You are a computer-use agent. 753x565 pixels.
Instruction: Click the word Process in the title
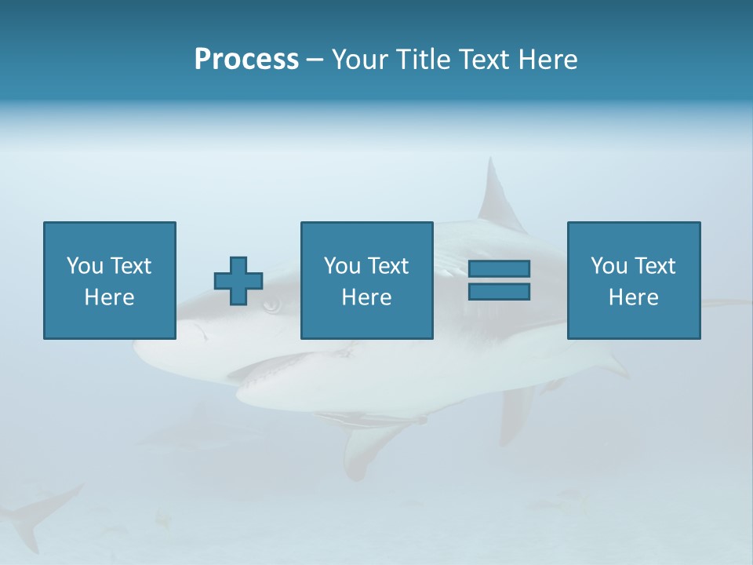[x=246, y=60]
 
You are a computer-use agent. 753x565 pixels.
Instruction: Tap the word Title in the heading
[x=423, y=60]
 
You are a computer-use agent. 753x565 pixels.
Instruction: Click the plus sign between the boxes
[x=238, y=281]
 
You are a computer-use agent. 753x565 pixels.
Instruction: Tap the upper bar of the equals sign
[x=499, y=268]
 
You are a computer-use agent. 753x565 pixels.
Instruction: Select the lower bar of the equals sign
[x=499, y=291]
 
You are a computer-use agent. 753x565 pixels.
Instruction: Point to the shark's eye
[x=271, y=305]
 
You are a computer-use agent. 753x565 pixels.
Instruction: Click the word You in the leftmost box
[x=85, y=266]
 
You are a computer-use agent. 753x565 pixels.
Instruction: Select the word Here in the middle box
[x=366, y=297]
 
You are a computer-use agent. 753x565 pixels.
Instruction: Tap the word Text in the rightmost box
[x=654, y=266]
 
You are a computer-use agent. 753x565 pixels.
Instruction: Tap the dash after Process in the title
[x=315, y=60]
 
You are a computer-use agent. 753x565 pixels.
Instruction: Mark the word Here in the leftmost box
[x=109, y=297]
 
